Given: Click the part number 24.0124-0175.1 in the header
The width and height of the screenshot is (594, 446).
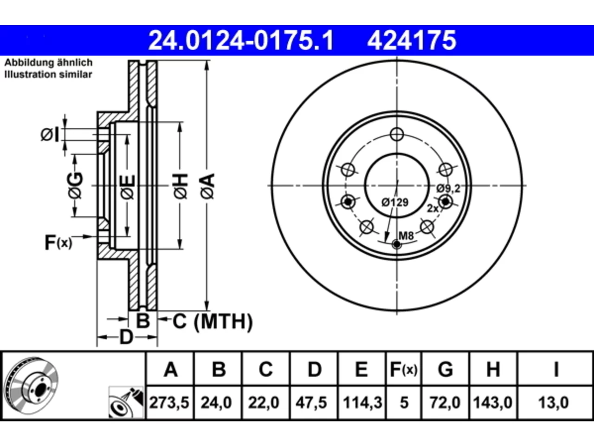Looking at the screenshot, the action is point(241,40).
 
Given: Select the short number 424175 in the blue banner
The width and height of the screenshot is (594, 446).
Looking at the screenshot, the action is point(412,40).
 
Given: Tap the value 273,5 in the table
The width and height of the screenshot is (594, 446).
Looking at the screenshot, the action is point(169,402).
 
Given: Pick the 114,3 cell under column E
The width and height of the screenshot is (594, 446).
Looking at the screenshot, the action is point(362,402).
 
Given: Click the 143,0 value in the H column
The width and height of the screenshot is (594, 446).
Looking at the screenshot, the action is point(492,402).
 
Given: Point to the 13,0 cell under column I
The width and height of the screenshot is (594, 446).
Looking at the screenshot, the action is point(554,402).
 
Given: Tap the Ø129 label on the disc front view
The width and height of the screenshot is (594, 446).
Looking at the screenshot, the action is point(395,202).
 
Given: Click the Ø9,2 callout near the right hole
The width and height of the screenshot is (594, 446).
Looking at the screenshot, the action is point(448,188).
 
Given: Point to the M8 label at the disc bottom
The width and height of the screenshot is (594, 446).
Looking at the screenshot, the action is point(406,236).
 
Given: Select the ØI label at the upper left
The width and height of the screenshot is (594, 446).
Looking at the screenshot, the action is point(50,135).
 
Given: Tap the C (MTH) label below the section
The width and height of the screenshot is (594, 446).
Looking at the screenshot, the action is point(213,321).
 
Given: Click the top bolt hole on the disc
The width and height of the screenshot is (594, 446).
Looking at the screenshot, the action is point(397,134).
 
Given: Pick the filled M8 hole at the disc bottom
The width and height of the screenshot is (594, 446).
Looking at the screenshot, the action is point(397,244).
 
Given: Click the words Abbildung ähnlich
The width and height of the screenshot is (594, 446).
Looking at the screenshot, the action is point(48,63).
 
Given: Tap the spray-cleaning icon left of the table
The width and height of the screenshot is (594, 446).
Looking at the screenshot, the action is point(126,402).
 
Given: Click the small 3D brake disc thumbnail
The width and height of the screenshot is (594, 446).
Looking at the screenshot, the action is point(32,386).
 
